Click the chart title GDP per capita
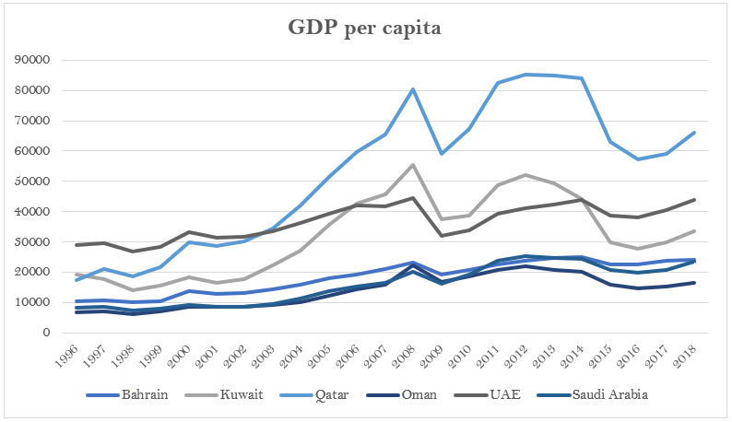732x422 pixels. click(365, 29)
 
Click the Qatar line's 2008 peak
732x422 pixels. click(413, 89)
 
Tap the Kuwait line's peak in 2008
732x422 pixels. click(413, 165)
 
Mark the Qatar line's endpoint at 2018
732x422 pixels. click(694, 133)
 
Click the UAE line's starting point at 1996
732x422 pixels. click(76, 245)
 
